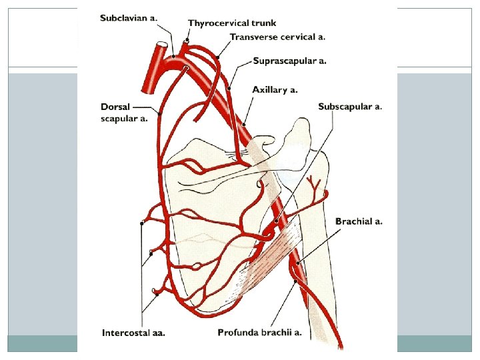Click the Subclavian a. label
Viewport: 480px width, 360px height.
(x=129, y=17)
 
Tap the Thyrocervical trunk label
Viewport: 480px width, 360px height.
(x=231, y=23)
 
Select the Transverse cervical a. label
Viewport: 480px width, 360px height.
(x=277, y=37)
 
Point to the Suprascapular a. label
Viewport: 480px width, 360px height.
(x=289, y=61)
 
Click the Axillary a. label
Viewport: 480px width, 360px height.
(x=275, y=89)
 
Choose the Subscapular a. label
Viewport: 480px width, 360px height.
(x=350, y=106)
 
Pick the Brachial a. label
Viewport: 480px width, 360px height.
(x=359, y=221)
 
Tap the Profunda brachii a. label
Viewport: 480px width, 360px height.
(x=259, y=331)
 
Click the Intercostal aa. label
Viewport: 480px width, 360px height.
(x=133, y=331)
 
